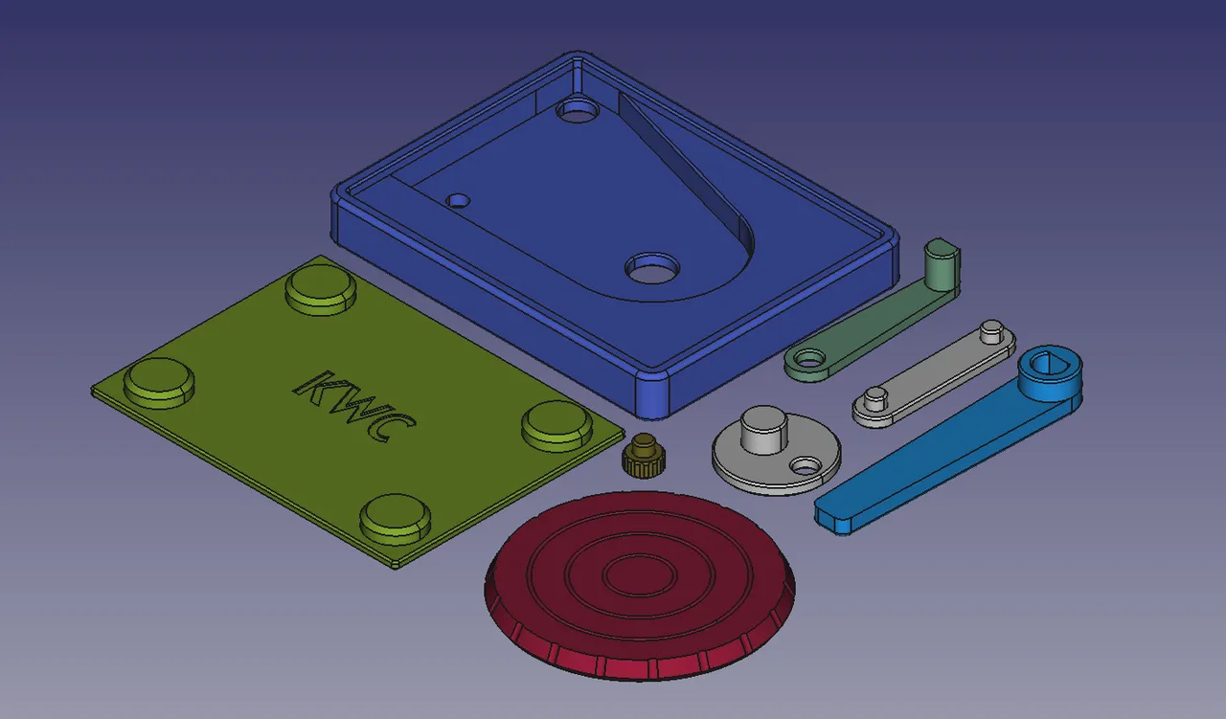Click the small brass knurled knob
pos(645,457)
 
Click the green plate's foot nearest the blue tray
pos(321,289)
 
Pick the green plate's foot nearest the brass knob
pos(557,425)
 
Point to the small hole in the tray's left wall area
pos(459,201)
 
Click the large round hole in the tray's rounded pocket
pos(652,268)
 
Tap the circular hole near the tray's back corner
pos(576,111)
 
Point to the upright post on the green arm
pos(941,265)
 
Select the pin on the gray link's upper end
pos(991,331)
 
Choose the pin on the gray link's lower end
pos(874,398)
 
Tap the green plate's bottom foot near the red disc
pos(395,517)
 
